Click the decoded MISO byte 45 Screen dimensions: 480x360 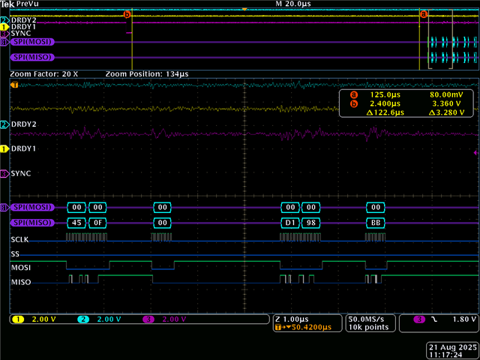[76, 223]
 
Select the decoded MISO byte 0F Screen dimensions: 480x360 [97, 223]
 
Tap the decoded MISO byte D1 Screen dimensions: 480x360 [290, 223]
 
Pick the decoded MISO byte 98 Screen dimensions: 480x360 [311, 223]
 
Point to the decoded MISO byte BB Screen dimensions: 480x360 [376, 223]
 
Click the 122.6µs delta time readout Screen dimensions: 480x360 [385, 112]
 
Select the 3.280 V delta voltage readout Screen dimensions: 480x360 [447, 112]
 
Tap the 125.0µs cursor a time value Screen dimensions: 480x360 [385, 95]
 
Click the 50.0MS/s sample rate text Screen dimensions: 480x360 [366, 319]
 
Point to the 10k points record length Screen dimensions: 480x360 [368, 327]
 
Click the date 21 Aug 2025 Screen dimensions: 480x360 [453, 347]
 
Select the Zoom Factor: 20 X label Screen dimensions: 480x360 [44, 74]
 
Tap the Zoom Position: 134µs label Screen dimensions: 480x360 [147, 74]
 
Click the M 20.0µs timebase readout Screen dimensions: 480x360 [293, 4]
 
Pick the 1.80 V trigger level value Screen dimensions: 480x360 [464, 319]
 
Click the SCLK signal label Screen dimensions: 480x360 [19, 239]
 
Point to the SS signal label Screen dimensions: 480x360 [15, 254]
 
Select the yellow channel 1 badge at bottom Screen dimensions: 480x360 [18, 319]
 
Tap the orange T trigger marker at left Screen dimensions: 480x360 [14, 85]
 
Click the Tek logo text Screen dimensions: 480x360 [7, 4]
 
